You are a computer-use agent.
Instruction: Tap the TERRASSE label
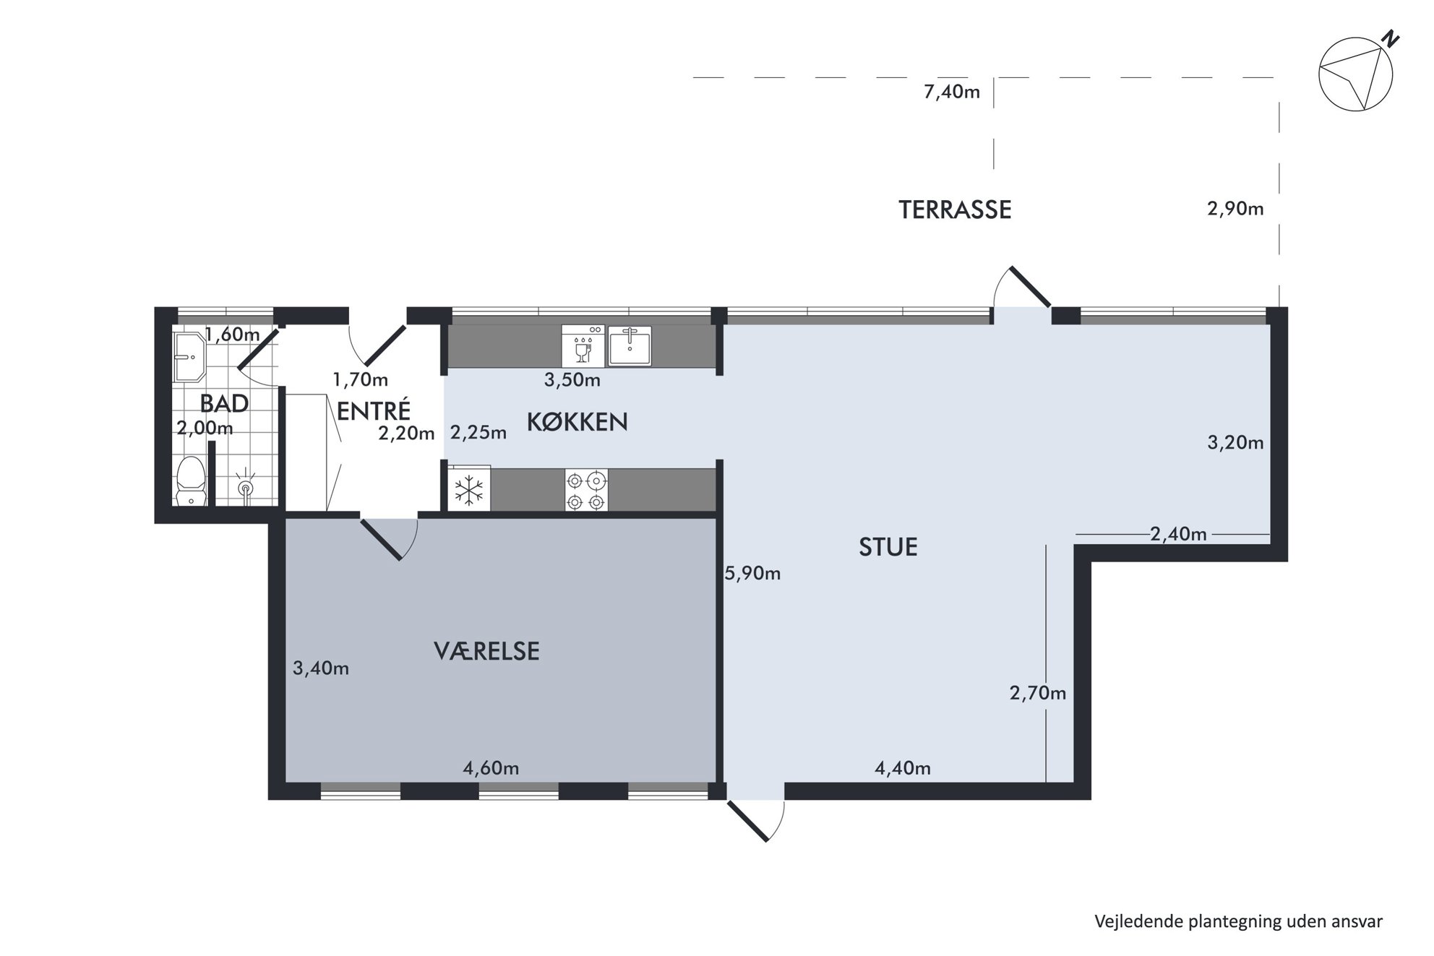954,210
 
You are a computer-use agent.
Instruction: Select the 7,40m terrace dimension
951,92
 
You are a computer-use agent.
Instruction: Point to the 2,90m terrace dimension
1235,209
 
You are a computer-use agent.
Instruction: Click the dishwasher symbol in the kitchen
583,345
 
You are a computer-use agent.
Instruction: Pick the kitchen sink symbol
630,345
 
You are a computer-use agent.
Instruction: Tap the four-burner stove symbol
586,491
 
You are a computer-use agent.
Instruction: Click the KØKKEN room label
577,422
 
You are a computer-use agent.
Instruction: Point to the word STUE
888,547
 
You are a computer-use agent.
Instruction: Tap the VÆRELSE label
486,651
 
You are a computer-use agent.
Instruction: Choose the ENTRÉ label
374,410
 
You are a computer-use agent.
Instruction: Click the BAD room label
224,403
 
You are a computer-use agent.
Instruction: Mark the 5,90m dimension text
752,574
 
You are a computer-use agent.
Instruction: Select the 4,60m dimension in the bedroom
491,768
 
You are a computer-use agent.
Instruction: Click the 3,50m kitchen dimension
572,380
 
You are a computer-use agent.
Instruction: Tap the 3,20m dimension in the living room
1235,442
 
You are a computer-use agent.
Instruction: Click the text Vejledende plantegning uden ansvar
1238,921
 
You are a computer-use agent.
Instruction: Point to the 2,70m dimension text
1038,694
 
